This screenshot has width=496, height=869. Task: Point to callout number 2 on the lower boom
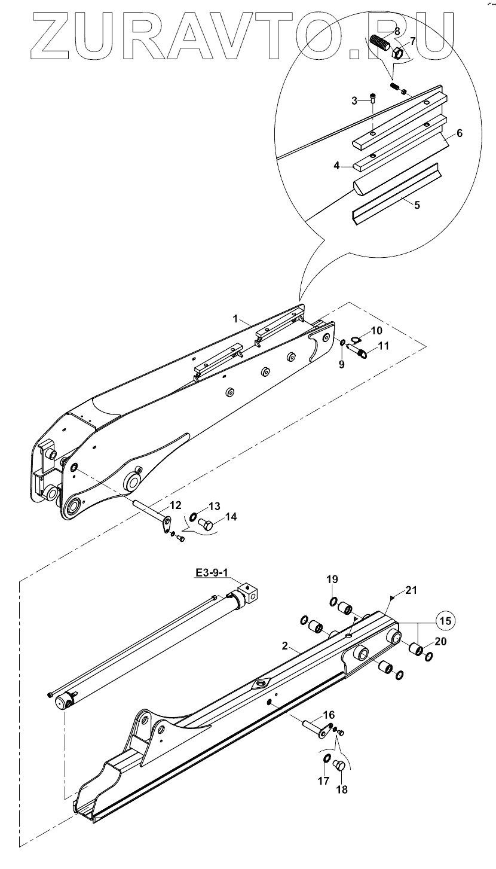[285, 647]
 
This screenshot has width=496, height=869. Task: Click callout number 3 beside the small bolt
[354, 100]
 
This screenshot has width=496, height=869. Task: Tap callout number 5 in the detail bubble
[417, 205]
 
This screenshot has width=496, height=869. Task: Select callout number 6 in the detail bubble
[460, 133]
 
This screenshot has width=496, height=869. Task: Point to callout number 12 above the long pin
[176, 505]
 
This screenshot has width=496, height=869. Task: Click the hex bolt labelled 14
[207, 526]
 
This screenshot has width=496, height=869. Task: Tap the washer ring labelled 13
[194, 517]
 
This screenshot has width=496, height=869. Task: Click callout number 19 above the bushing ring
[332, 579]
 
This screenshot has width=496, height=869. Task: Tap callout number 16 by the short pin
[329, 715]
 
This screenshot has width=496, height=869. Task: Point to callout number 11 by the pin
[383, 345]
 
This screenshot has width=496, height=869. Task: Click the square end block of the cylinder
[251, 594]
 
